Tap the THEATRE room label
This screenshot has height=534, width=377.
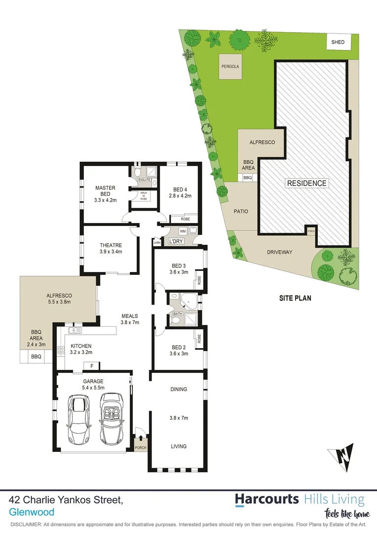[111, 245]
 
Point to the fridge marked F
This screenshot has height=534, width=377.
[91, 366]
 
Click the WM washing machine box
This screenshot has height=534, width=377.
[182, 231]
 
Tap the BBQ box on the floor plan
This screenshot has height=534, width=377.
[36, 356]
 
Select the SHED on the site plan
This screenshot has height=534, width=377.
[338, 43]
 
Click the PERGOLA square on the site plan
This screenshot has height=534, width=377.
[231, 66]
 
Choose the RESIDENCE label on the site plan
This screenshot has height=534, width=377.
[306, 183]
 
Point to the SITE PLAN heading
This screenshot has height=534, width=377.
[295, 298]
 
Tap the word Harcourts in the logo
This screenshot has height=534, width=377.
[266, 499]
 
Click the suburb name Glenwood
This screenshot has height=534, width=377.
[32, 513]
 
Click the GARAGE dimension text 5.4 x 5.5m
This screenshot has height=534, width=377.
[93, 389]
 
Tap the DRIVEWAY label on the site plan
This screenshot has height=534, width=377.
[280, 252]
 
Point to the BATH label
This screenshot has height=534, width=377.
[177, 313]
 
